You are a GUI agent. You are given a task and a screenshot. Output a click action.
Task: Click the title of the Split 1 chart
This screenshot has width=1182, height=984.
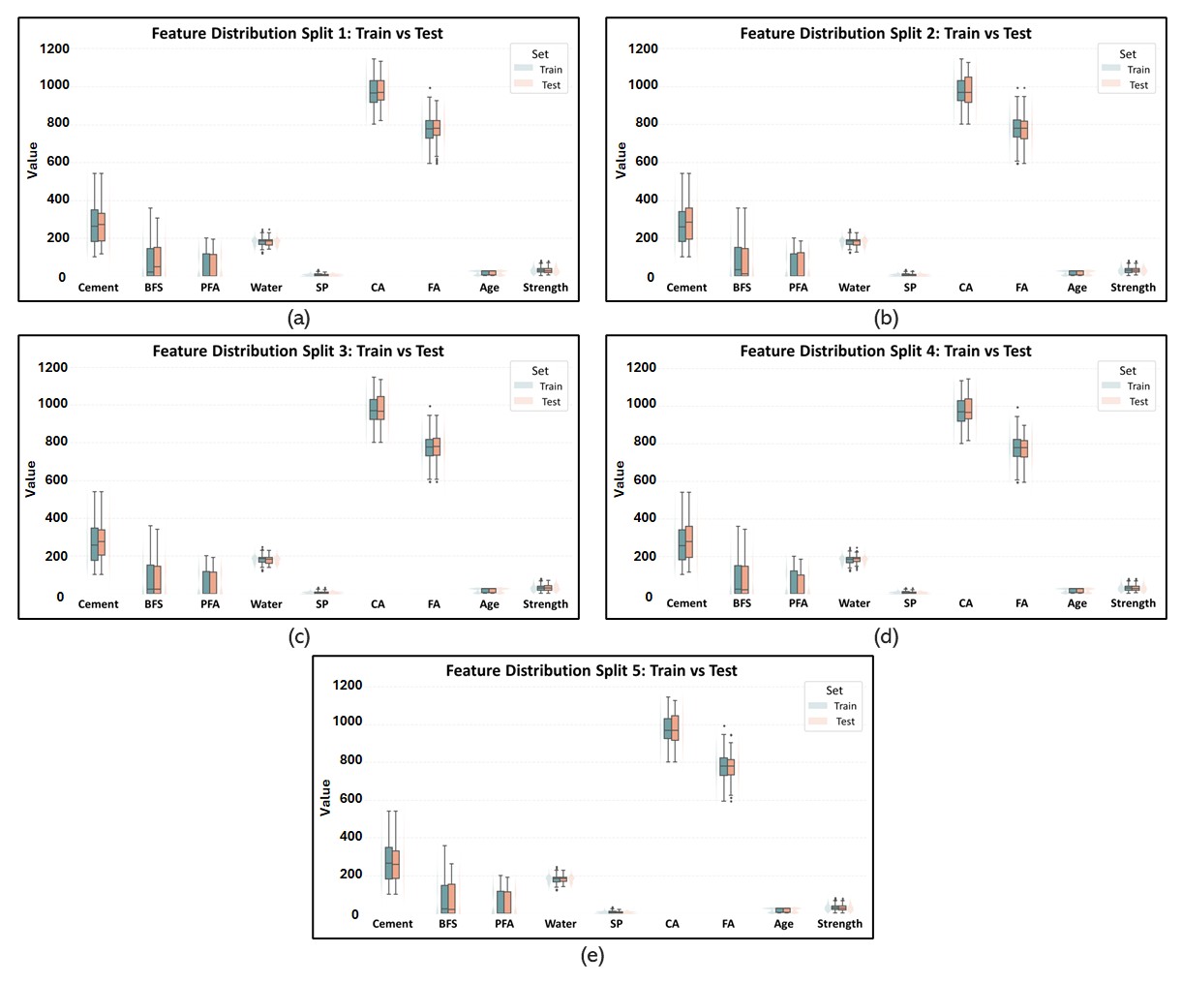click(x=297, y=33)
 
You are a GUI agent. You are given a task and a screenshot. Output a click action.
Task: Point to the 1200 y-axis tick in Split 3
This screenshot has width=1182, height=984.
click(x=52, y=367)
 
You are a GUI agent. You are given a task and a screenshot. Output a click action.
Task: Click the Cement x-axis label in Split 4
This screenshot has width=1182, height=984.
click(x=686, y=603)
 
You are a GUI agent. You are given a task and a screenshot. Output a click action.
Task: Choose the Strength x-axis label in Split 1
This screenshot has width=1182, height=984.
click(x=545, y=288)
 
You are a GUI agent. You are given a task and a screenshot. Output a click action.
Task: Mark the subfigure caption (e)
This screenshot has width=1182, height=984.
click(x=591, y=956)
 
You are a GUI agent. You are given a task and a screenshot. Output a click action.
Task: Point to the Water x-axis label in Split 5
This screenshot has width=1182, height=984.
click(x=561, y=924)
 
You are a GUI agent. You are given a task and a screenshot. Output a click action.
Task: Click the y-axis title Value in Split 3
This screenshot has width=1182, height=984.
click(x=31, y=479)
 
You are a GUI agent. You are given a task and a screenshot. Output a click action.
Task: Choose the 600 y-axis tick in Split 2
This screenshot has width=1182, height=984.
click(x=643, y=162)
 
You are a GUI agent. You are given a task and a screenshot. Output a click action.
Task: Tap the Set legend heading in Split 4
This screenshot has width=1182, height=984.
click(x=1128, y=371)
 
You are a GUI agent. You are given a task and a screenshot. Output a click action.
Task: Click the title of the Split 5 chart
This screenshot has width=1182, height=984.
click(x=591, y=670)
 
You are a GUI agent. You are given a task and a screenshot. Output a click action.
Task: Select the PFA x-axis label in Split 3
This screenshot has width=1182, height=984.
click(x=210, y=604)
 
